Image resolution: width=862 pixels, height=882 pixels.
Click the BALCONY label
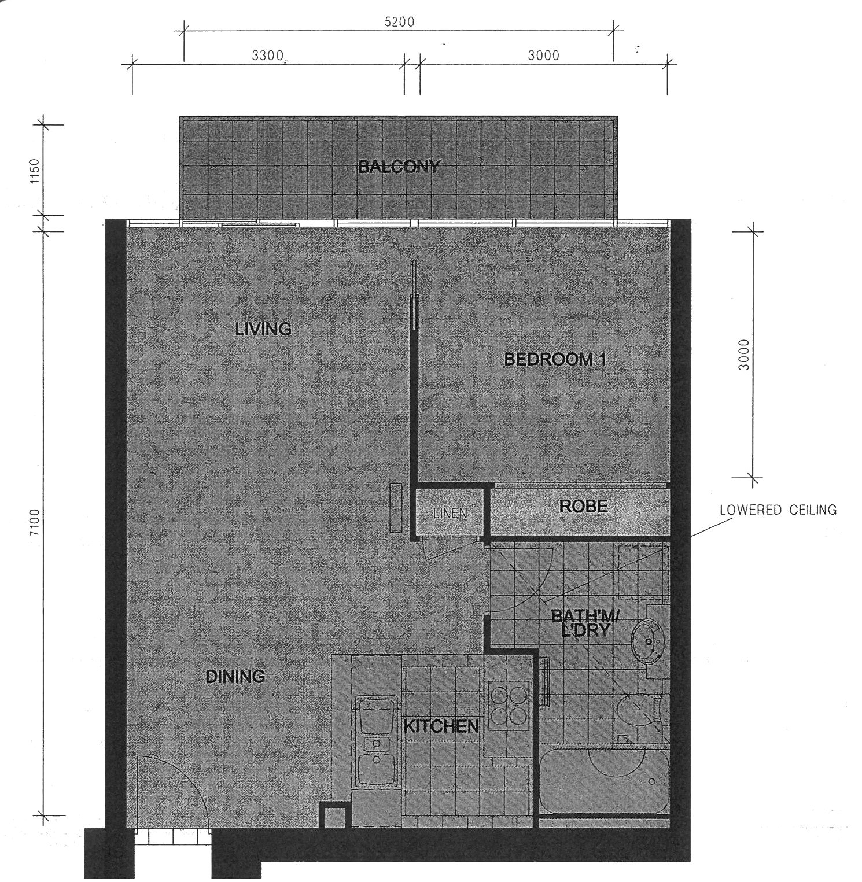[399, 167]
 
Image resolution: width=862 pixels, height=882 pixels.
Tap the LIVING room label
[263, 329]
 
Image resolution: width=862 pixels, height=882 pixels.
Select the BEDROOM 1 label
[555, 359]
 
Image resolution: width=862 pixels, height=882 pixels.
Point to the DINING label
[235, 676]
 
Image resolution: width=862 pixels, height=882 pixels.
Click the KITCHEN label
[441, 726]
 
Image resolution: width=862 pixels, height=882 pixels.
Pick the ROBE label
[583, 507]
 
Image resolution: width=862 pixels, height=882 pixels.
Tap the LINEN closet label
[450, 514]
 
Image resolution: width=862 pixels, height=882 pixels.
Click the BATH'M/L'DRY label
[585, 623]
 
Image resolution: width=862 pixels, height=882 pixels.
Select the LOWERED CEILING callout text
[778, 510]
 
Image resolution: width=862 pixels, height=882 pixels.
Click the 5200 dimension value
[399, 23]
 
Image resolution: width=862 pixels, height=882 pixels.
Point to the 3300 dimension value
[267, 56]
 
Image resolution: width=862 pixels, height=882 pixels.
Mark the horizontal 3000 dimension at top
[544, 56]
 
